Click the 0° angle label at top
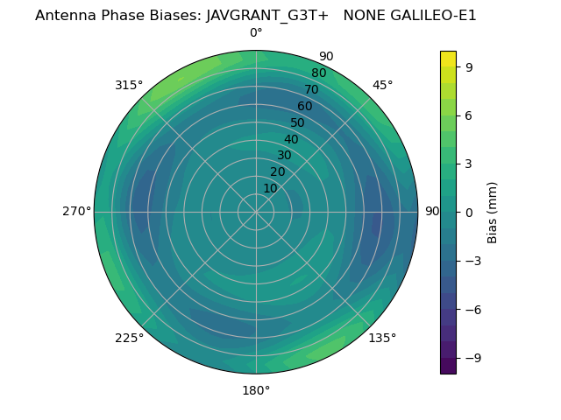pyautogui.click(x=256, y=33)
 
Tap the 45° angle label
pyautogui.click(x=383, y=85)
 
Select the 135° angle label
pyautogui.click(x=382, y=338)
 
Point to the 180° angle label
pyautogui.click(x=256, y=390)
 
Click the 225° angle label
pyautogui.click(x=129, y=338)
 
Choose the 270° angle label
pyautogui.click(x=77, y=212)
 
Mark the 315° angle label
pyautogui.click(x=129, y=85)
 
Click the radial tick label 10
pyautogui.click(x=270, y=188)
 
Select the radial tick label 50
pyautogui.click(x=298, y=123)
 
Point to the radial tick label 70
pyautogui.click(x=312, y=90)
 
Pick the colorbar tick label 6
pyautogui.click(x=468, y=115)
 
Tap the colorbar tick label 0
pyautogui.click(x=468, y=212)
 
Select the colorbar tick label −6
pyautogui.click(x=471, y=309)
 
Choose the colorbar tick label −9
pyautogui.click(x=471, y=358)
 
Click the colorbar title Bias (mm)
pyautogui.click(x=493, y=212)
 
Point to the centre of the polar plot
pyautogui.click(x=256, y=212)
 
